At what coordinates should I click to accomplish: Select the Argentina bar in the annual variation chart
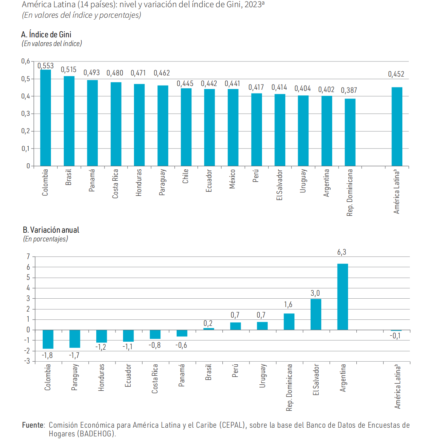342,297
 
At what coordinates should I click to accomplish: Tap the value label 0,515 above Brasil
69,70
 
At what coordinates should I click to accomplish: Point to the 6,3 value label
342,252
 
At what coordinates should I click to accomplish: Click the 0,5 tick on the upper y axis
26,79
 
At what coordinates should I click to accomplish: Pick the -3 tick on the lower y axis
27,361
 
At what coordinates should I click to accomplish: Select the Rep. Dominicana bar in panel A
350,132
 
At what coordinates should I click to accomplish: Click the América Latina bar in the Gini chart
397,126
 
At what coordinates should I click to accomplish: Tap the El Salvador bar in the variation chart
316,314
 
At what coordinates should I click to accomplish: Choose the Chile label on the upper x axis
185,176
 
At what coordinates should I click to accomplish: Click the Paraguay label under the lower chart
74,377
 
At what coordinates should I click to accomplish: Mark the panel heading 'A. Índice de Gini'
46,35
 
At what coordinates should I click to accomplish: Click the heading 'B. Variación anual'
51,230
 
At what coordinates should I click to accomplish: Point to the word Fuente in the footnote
33,425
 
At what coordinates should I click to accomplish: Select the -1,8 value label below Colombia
47,355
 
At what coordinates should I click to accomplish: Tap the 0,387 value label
349,91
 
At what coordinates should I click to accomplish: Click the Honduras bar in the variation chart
102,336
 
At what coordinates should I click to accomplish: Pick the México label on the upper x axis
232,179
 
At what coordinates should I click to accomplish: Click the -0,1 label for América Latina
395,336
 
